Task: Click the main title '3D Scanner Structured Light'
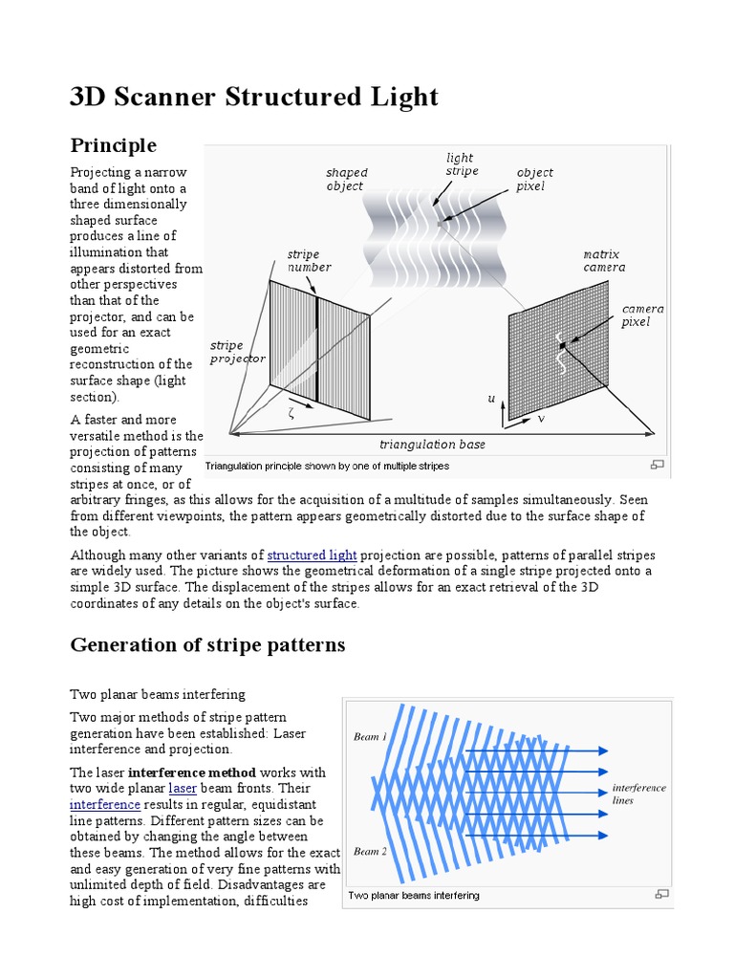click(x=254, y=97)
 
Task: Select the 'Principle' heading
click(x=113, y=145)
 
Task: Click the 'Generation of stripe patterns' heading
click(x=207, y=644)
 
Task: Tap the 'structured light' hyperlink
click(x=313, y=555)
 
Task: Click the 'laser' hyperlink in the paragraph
click(x=182, y=788)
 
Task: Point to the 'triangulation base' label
click(x=432, y=445)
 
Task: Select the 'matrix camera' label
click(x=604, y=260)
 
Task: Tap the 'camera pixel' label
click(x=642, y=315)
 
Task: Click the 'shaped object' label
click(x=346, y=179)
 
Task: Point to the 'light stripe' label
click(x=462, y=163)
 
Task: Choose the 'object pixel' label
click(x=534, y=179)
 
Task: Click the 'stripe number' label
click(x=309, y=260)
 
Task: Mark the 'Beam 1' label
click(x=370, y=737)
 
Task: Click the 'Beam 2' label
click(x=370, y=851)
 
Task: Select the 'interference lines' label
click(x=638, y=794)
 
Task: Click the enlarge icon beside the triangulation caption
click(x=657, y=466)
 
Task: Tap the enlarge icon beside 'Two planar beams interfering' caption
click(x=659, y=895)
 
